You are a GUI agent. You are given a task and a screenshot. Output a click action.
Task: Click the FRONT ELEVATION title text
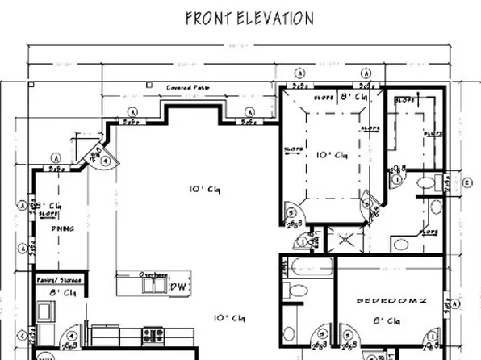click(x=249, y=18)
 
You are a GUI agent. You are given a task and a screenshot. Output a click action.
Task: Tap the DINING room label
click(x=63, y=228)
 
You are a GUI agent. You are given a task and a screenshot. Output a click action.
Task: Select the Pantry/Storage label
click(x=60, y=279)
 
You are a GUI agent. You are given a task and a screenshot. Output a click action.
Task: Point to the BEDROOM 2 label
click(x=390, y=300)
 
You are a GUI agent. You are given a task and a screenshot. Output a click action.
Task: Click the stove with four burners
click(x=153, y=333)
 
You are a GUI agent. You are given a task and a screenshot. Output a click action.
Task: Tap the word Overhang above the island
click(x=153, y=274)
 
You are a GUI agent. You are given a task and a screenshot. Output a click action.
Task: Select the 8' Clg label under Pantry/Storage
click(x=61, y=293)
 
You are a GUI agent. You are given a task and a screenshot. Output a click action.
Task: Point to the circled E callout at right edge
click(x=469, y=182)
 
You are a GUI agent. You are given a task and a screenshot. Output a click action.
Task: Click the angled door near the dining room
click(x=94, y=155)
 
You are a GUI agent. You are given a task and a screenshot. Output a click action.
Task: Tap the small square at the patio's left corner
click(x=30, y=84)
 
